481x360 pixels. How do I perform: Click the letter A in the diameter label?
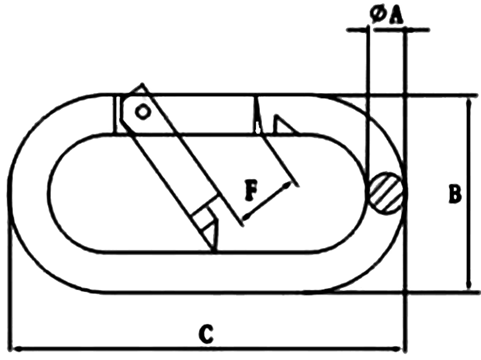397,14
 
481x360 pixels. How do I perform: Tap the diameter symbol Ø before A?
379,14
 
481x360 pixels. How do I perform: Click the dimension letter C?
205,332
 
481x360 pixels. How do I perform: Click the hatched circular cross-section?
386,194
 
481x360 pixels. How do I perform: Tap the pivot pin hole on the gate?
143,112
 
